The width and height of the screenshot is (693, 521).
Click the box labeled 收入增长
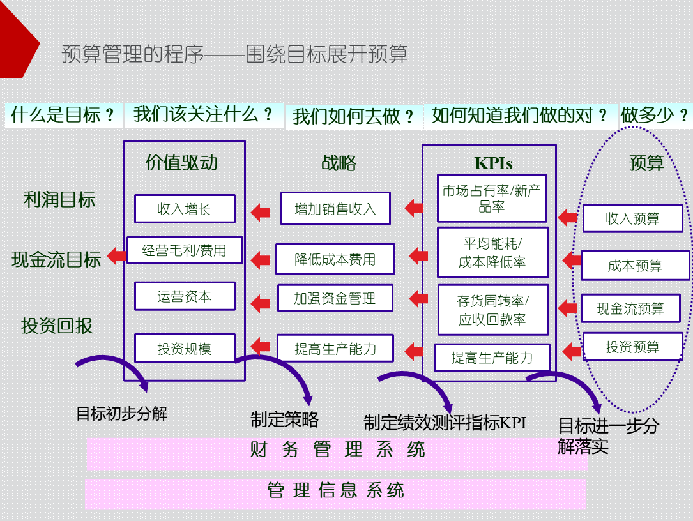tap(185, 209)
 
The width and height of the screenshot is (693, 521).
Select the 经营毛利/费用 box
tap(185, 250)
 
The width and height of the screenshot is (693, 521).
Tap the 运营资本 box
tap(185, 296)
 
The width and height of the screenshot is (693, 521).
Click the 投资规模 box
tap(185, 349)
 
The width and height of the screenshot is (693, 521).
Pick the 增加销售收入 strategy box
tap(335, 209)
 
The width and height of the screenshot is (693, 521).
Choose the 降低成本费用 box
tap(335, 259)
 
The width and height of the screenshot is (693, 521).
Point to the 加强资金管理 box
tap(335, 298)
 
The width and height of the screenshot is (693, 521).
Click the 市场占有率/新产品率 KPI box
tap(492, 198)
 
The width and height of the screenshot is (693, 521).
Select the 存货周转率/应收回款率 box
tap(492, 310)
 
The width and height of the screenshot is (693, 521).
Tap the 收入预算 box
tap(632, 218)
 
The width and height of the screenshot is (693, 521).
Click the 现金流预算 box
tap(630, 308)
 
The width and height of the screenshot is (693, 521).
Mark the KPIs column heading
tap(493, 163)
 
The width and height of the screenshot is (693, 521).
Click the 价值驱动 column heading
tap(181, 162)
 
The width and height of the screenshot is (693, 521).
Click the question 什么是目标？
tap(63, 115)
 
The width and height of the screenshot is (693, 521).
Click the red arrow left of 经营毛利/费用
tap(116, 255)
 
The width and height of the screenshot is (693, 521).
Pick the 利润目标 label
tap(59, 200)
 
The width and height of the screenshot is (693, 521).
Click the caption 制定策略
tap(284, 419)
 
